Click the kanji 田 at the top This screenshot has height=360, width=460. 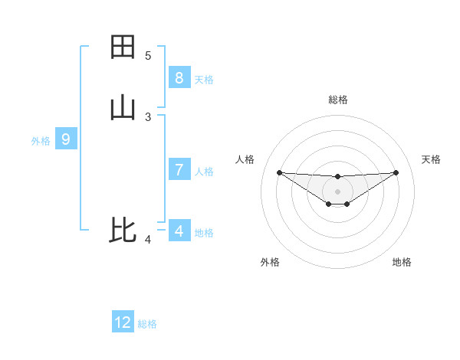123,47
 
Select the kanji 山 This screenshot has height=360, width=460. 123,107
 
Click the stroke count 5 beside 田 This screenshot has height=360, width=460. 148,56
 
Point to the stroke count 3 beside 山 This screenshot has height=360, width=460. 148,116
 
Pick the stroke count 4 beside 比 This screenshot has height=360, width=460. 148,240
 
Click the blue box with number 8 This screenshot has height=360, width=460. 179,77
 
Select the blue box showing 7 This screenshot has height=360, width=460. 179,170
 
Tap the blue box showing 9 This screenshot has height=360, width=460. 66,139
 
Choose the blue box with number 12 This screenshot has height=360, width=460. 123,322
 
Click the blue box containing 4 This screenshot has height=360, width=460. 179,231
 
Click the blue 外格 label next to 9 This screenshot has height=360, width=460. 41,141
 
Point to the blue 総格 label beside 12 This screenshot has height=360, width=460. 147,324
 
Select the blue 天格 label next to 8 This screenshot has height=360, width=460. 204,79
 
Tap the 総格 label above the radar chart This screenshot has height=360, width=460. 338,100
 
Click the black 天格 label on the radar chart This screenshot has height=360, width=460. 432,159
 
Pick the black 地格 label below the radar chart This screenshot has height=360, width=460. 402,262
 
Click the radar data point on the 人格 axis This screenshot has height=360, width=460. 279,172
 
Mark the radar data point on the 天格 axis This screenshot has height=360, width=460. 396,172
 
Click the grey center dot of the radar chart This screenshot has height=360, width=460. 337,191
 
